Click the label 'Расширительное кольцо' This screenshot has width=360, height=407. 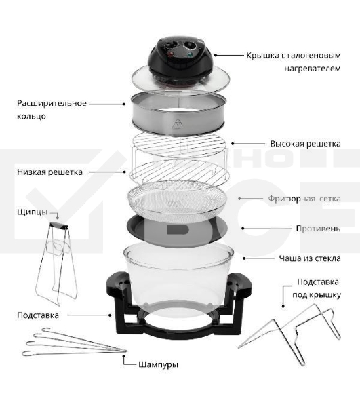pos(52,109)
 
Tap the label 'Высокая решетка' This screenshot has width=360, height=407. pos(305,144)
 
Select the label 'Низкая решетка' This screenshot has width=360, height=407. pos(49,172)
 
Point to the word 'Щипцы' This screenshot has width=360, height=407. pos(32,212)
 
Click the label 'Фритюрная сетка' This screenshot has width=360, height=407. pos(304,199)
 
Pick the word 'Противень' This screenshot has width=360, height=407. pos(318,229)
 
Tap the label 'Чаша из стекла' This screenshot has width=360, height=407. pos(310,258)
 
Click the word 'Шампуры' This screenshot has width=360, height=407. pos(158,364)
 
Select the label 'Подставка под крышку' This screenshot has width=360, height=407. pos(317,288)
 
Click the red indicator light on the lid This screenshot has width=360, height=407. pos(171,54)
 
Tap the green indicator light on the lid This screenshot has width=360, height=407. pos(190,54)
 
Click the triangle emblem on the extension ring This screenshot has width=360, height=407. pos(178,123)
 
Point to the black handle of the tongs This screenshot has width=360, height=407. pos(59,225)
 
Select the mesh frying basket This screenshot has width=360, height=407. pos(178,201)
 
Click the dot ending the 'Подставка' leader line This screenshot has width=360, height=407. pos(111,315)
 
